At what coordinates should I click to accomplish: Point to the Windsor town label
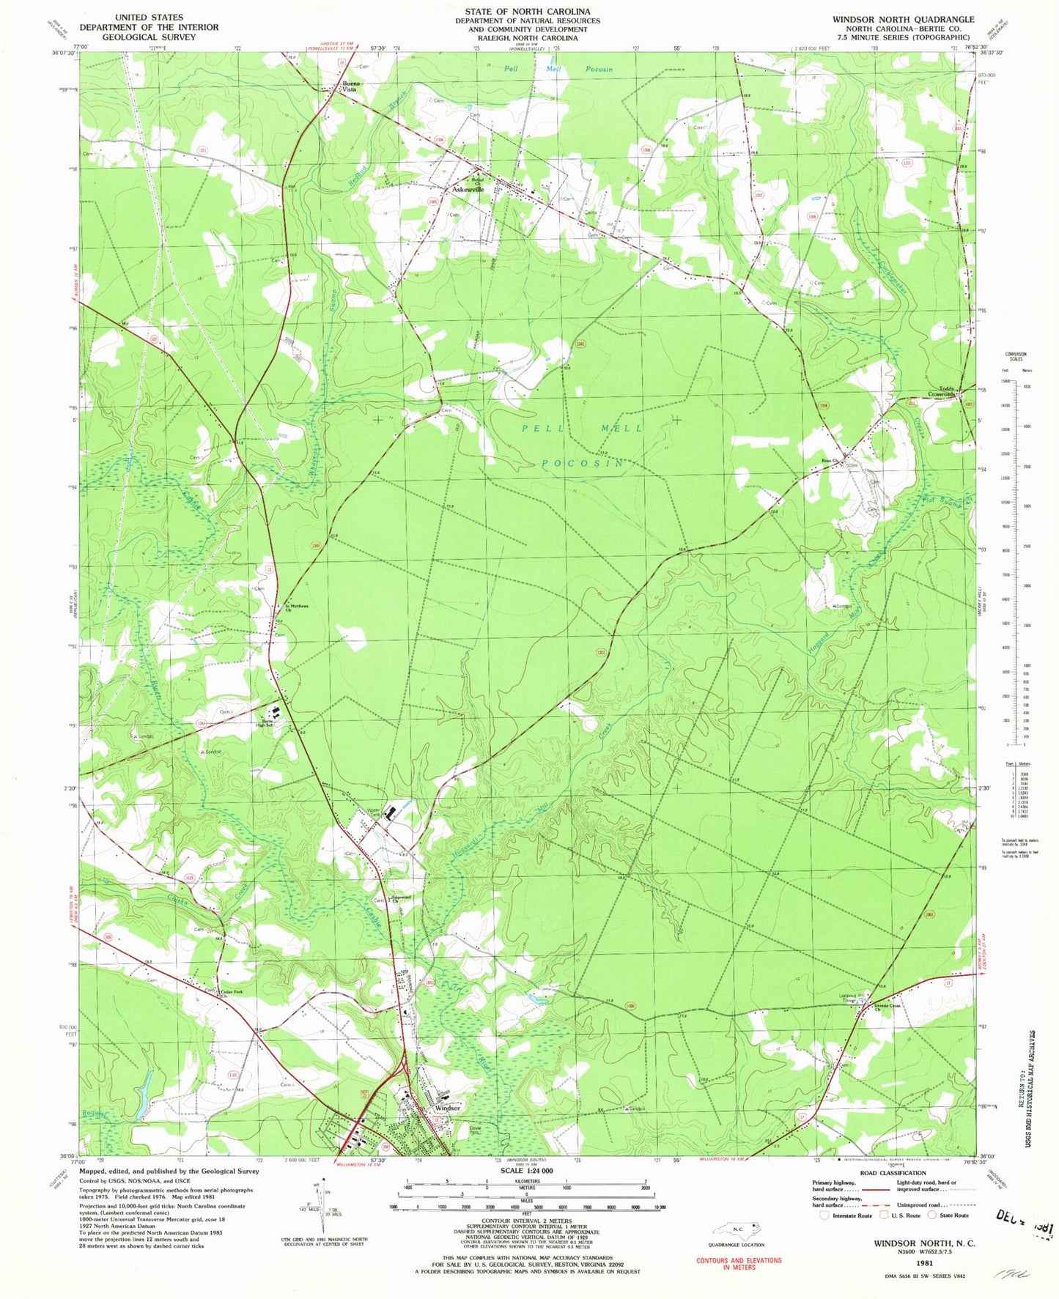tap(447, 1108)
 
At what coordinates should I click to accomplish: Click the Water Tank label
tap(374, 812)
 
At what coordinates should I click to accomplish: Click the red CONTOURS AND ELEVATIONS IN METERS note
tap(739, 1263)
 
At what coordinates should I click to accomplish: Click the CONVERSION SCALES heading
tap(1016, 357)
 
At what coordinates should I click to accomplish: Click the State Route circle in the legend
tap(932, 1215)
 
